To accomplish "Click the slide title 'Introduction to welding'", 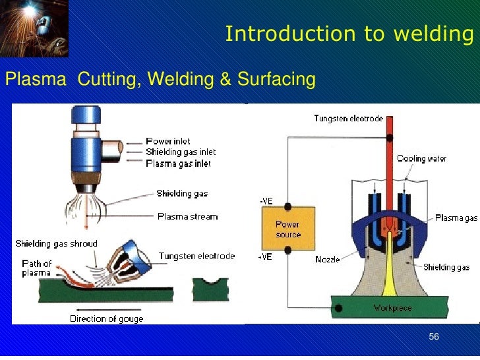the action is (349, 34).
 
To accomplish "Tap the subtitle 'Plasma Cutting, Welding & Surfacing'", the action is (160, 80).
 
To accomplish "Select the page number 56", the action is (433, 338).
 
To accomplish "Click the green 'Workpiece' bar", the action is (394, 307).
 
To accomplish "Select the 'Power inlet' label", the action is (168, 141).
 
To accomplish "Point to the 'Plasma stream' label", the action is (187, 216).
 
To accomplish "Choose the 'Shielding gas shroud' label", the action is (57, 244).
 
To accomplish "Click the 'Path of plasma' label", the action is (37, 268).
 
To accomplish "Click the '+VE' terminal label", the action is (264, 258).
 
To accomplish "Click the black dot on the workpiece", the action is (339, 307).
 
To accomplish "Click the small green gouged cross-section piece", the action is (213, 291).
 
